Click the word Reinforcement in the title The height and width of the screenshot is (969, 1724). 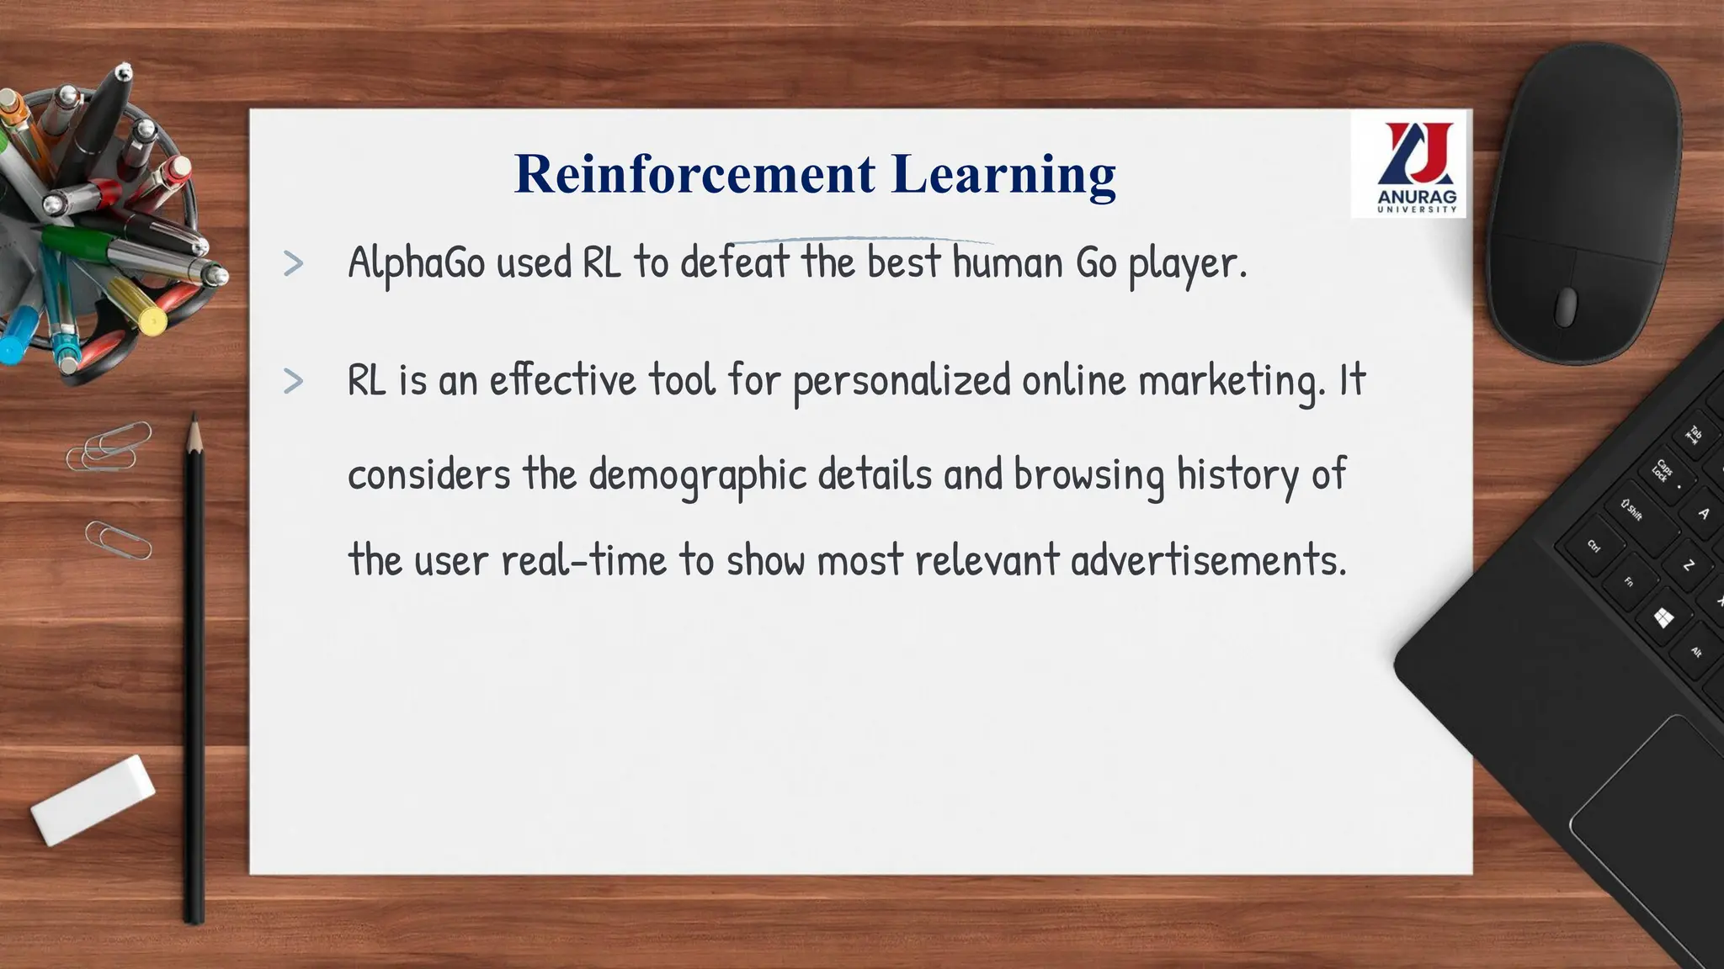pos(694,174)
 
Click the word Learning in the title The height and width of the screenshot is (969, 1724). pos(1003,176)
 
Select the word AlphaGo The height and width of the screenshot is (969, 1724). pos(417,262)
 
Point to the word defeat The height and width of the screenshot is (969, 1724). pos(735,262)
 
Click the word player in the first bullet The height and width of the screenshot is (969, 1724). pos(1182,264)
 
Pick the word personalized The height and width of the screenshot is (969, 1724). pos(902,381)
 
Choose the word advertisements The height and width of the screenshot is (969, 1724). pos(1207,560)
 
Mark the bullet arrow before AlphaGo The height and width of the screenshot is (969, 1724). pos(294,263)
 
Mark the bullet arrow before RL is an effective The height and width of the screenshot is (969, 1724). pos(294,381)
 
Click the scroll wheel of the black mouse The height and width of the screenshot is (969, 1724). pos(1566,306)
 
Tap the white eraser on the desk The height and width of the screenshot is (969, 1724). pos(93,799)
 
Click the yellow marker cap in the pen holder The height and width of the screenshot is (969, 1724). pos(152,320)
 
